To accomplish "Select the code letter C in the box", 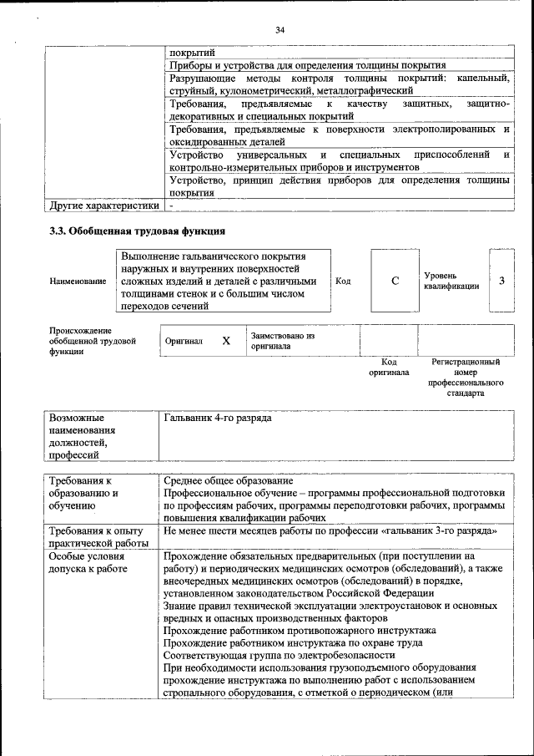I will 395,281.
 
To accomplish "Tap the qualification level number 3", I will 501,281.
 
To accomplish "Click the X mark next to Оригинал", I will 226,341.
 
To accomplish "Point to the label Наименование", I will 78,282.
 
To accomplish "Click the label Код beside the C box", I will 342,281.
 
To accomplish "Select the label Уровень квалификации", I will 451,281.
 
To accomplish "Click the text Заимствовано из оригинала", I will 282,340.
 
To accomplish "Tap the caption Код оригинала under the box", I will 388,367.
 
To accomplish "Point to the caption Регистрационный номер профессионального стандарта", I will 465,377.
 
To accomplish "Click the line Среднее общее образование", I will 229,481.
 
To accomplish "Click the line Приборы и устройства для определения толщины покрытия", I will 307,64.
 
